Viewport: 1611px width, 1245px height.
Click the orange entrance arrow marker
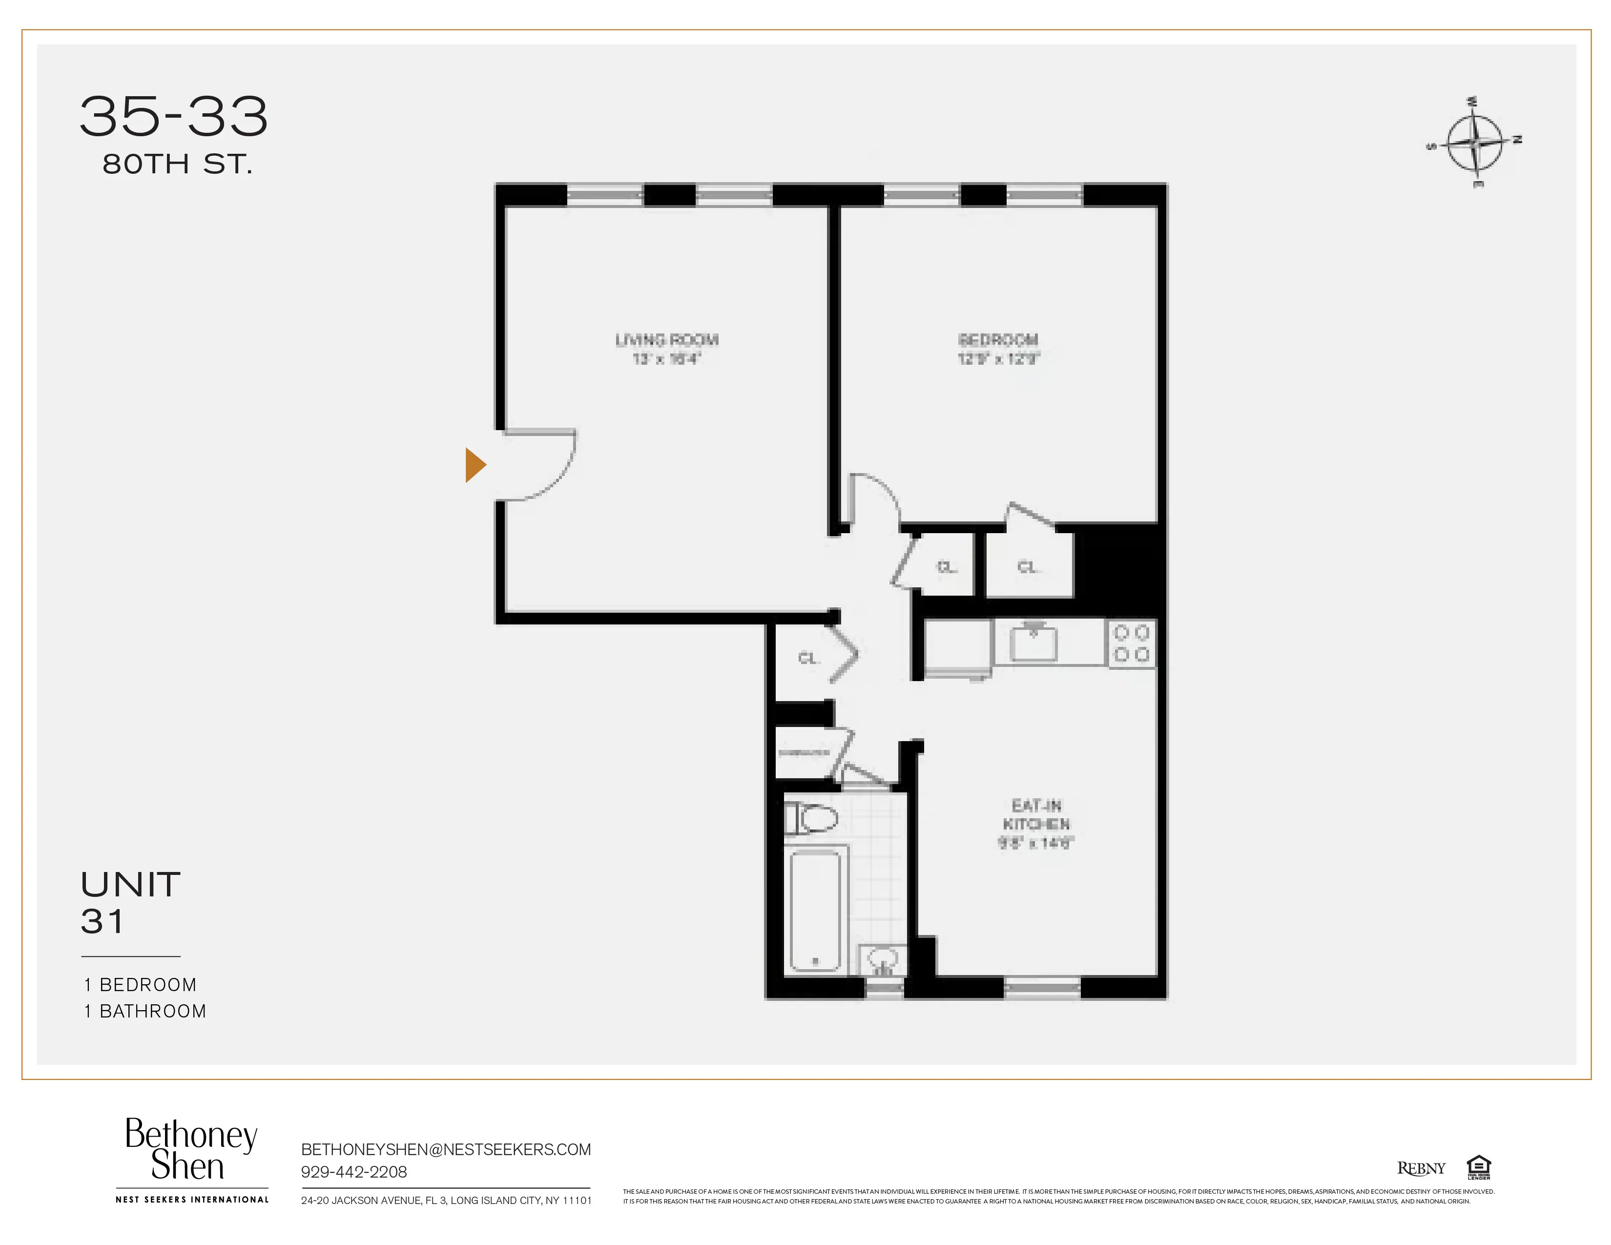[475, 465]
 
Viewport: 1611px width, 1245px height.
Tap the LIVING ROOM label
[667, 340]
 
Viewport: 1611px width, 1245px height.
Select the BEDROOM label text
[998, 340]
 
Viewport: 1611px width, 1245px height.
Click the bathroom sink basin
[882, 959]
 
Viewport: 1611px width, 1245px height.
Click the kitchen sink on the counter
[1033, 643]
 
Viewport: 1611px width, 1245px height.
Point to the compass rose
[1473, 142]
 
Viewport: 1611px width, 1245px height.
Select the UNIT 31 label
[130, 903]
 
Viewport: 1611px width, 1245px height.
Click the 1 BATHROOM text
[145, 1011]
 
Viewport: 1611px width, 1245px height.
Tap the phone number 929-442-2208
[353, 1172]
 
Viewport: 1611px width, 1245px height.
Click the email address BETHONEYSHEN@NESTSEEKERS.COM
[446, 1150]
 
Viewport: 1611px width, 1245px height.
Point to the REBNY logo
[1421, 1168]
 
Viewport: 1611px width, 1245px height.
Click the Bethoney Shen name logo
[190, 1149]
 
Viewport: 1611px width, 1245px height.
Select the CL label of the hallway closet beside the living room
[808, 658]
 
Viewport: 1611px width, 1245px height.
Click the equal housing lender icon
[1478, 1167]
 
